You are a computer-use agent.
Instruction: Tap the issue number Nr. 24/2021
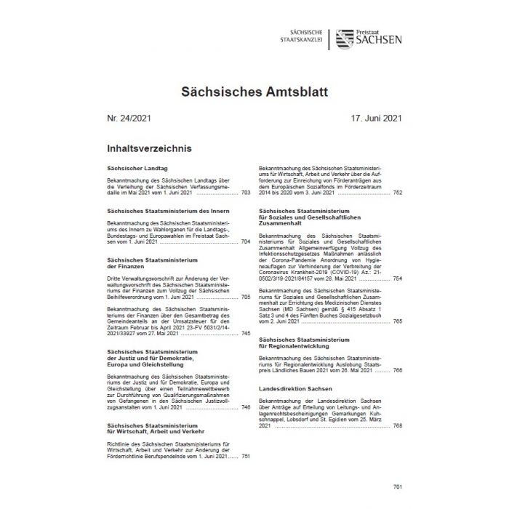coord(129,119)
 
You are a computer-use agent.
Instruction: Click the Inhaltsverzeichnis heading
coord(148,148)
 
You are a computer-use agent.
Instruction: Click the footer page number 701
coord(396,484)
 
